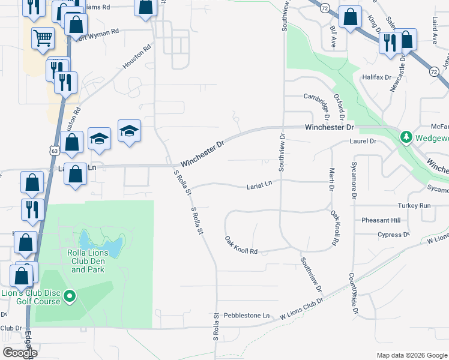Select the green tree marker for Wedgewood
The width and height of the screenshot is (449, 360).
click(x=406, y=137)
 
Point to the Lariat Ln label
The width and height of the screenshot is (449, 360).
click(x=259, y=187)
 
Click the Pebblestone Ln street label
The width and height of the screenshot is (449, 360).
click(x=247, y=315)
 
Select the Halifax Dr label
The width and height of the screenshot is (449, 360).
click(x=376, y=77)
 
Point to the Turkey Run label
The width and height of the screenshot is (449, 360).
click(x=417, y=206)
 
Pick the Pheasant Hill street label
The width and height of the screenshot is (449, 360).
click(x=381, y=220)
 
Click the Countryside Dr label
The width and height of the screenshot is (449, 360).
click(x=353, y=295)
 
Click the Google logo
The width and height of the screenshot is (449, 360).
click(x=20, y=353)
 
